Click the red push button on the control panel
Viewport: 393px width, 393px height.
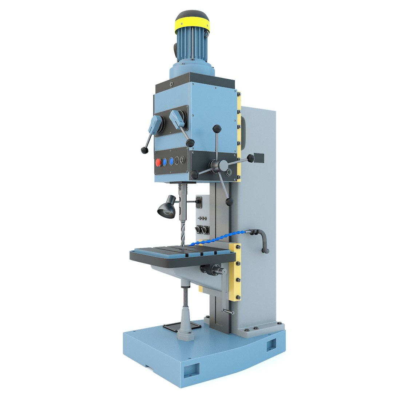(x=158, y=163)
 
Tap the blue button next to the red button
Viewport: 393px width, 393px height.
(x=165, y=162)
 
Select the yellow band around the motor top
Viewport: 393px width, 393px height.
(x=192, y=24)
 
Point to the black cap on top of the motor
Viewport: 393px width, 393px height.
(x=192, y=16)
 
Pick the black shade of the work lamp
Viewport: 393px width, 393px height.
(x=165, y=209)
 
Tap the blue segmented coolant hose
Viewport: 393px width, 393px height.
(x=215, y=239)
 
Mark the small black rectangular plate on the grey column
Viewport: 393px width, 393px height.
(x=259, y=158)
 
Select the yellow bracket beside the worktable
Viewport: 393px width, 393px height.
(x=235, y=271)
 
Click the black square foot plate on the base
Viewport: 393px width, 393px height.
(x=182, y=327)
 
